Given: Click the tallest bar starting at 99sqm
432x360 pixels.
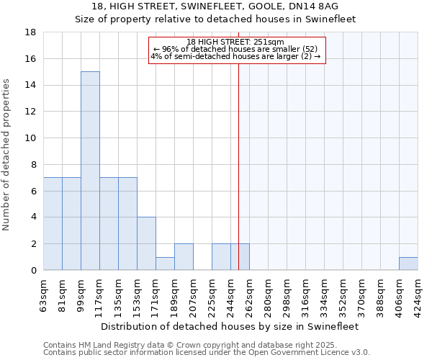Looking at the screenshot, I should point(90,171).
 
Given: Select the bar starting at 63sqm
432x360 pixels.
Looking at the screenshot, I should point(53,223).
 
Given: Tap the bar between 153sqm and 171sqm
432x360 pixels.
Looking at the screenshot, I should point(146,243).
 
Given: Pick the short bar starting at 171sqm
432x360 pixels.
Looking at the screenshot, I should point(165,264).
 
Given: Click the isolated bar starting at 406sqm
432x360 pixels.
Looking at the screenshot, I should point(408,264).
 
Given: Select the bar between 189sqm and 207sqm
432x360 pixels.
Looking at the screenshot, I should point(184,257).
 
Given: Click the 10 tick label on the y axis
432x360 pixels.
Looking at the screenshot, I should point(31,138).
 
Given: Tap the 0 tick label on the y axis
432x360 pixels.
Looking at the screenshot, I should point(33,271).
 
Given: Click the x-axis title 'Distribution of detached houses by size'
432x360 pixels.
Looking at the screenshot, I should point(230,326).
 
